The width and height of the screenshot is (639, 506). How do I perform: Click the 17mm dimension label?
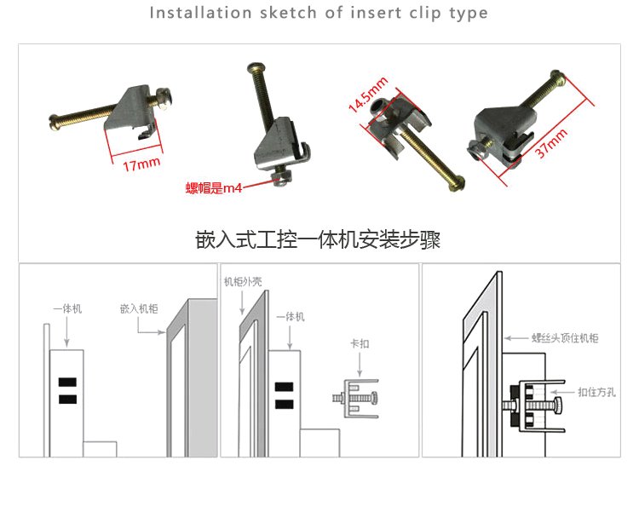pyautogui.click(x=141, y=164)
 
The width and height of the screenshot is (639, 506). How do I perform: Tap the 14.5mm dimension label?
pyautogui.click(x=368, y=95)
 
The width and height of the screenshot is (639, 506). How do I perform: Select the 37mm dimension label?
pyautogui.click(x=551, y=142)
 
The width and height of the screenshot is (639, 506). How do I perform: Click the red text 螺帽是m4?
pyautogui.click(x=214, y=187)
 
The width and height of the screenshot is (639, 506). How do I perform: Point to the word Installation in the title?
pyautogui.click(x=200, y=13)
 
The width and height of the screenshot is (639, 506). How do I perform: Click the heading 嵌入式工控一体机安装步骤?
pyautogui.click(x=318, y=239)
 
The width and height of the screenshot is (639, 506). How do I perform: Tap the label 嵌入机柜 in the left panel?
pyautogui.click(x=139, y=308)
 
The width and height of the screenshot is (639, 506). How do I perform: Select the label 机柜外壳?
pyautogui.click(x=243, y=281)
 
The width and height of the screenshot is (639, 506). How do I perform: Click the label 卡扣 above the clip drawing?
pyautogui.click(x=360, y=343)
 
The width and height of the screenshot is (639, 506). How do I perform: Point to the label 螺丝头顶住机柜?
pyautogui.click(x=565, y=337)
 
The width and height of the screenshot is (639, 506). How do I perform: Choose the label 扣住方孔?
pyautogui.click(x=596, y=392)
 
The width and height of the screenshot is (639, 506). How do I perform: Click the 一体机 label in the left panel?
pyautogui.click(x=67, y=308)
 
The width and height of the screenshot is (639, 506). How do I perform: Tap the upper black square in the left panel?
pyautogui.click(x=67, y=382)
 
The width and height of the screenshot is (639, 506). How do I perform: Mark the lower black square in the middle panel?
pyautogui.click(x=284, y=404)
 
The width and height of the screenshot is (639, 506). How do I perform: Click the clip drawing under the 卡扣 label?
pyautogui.click(x=356, y=399)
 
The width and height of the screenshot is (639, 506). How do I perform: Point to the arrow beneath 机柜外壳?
pyautogui.click(x=242, y=302)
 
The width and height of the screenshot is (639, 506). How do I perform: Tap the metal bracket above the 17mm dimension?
pyautogui.click(x=130, y=109)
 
